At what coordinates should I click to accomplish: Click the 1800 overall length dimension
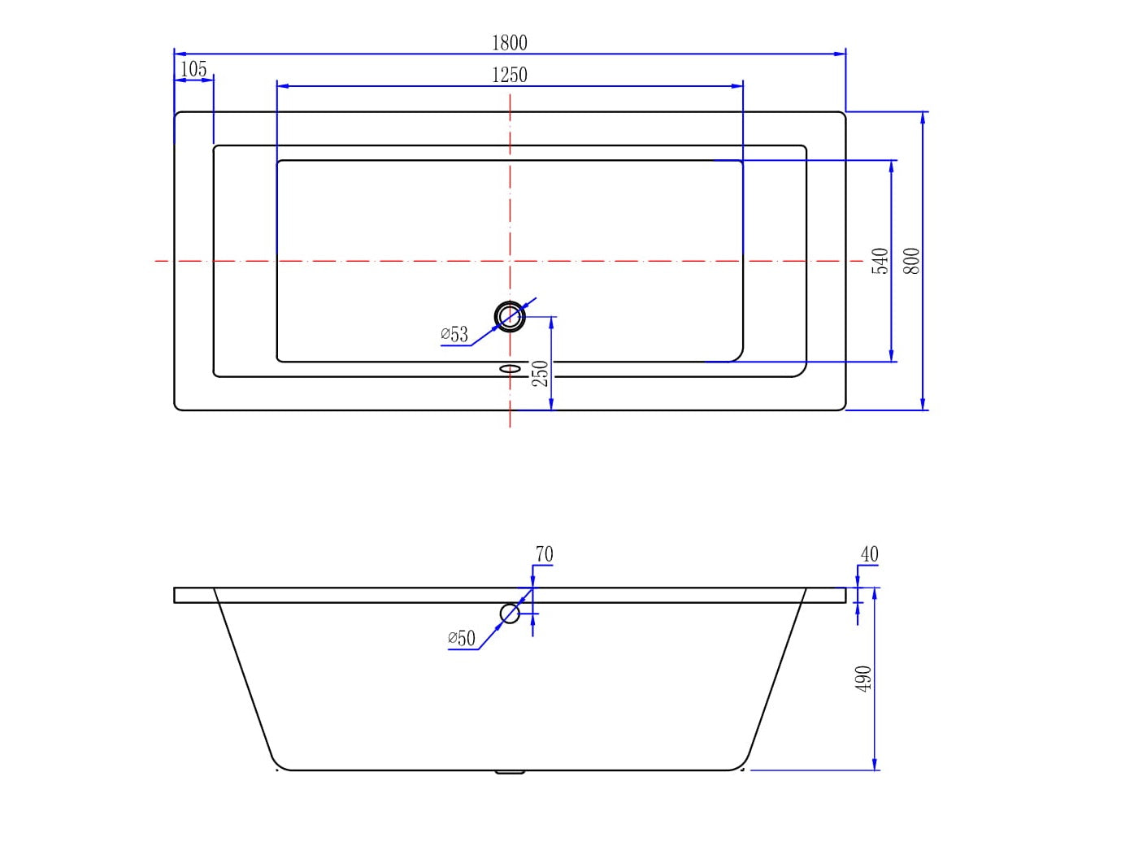pyautogui.click(x=510, y=42)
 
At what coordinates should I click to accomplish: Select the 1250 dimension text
pyautogui.click(x=510, y=75)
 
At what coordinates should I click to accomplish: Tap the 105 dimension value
pyautogui.click(x=193, y=69)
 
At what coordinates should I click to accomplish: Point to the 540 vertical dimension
pyautogui.click(x=881, y=261)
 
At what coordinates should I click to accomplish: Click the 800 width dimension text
pyautogui.click(x=912, y=261)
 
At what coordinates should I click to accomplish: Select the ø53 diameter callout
pyautogui.click(x=455, y=334)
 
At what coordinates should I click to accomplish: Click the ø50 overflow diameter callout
pyautogui.click(x=462, y=638)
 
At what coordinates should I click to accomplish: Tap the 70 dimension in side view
pyautogui.click(x=544, y=554)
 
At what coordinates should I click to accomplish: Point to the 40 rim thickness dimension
pyautogui.click(x=869, y=554)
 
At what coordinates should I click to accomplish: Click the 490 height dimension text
pyautogui.click(x=864, y=679)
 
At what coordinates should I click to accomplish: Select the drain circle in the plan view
pyautogui.click(x=510, y=315)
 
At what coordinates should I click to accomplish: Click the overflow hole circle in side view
pyautogui.click(x=510, y=614)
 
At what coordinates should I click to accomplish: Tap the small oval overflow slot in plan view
pyautogui.click(x=510, y=369)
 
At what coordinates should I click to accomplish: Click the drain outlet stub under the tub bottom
pyautogui.click(x=510, y=772)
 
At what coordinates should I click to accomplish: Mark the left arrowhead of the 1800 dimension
pyautogui.click(x=180, y=54)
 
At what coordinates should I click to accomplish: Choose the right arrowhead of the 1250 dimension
pyautogui.click(x=738, y=85)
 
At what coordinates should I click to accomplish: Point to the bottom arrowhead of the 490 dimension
pyautogui.click(x=875, y=765)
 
